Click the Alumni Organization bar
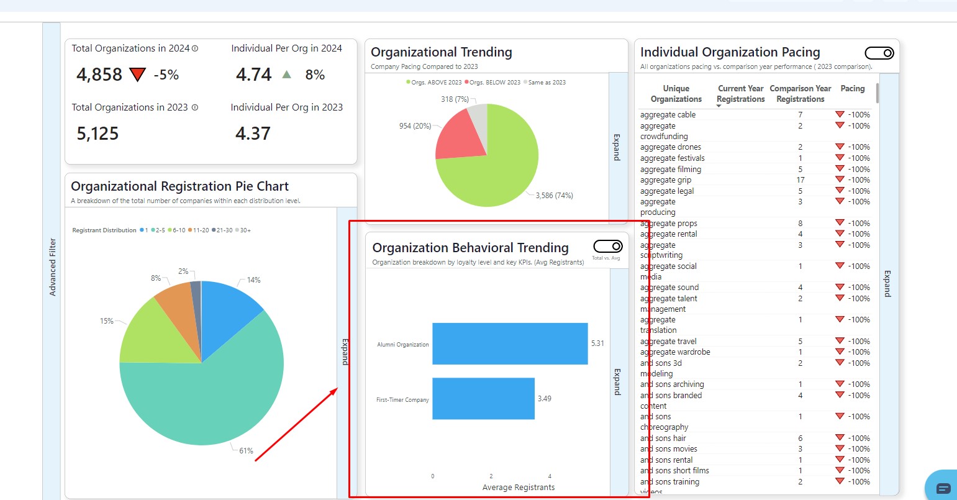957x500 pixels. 509,343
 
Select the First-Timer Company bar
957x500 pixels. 483,398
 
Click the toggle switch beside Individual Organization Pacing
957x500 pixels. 879,53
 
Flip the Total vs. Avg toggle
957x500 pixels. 607,247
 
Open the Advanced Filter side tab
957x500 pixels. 52,267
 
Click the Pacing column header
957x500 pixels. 852,89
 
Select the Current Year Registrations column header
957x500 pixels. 740,94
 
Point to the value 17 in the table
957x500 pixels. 801,180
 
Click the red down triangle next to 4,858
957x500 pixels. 137,75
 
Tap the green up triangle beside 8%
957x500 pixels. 286,75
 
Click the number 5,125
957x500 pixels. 98,134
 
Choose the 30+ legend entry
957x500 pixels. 245,230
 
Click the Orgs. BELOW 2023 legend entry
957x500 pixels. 494,83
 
